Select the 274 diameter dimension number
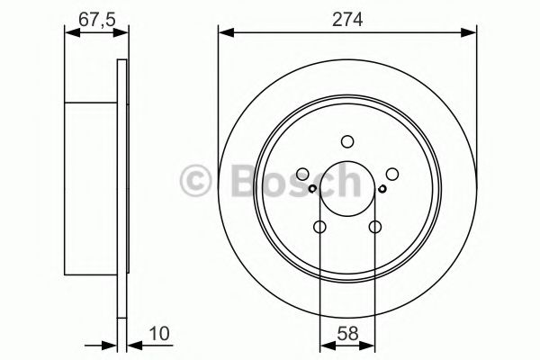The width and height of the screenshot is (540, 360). point(347,16)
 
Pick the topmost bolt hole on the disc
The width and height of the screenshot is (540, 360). point(348,140)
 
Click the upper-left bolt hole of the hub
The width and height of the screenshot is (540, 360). point(302,175)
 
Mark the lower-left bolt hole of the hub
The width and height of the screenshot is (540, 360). point(320,228)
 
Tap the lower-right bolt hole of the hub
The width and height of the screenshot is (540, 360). point(375,228)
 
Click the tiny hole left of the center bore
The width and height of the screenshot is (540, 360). point(312,189)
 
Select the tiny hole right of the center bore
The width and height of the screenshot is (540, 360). point(383,189)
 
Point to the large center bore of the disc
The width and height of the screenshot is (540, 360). point(348,190)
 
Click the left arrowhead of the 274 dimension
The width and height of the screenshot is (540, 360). point(223,33)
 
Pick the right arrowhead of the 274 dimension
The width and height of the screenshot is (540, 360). point(472,33)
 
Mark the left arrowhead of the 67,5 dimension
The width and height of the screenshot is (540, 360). point(70,33)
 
